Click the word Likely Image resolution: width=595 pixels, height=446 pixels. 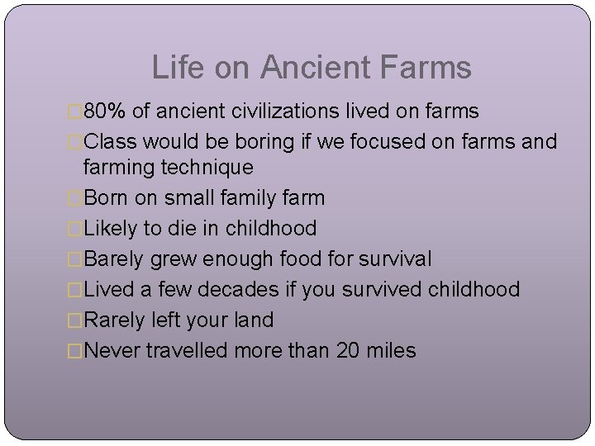pyautogui.click(x=112, y=228)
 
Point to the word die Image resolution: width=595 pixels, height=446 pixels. pyautogui.click(x=181, y=228)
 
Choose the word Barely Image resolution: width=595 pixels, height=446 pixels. pyautogui.click(x=116, y=259)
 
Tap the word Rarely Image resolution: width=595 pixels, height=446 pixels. pyautogui.click(x=116, y=320)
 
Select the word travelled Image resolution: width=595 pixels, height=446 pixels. pyautogui.click(x=189, y=350)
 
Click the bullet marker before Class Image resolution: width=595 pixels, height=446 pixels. pyautogui.click(x=76, y=141)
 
